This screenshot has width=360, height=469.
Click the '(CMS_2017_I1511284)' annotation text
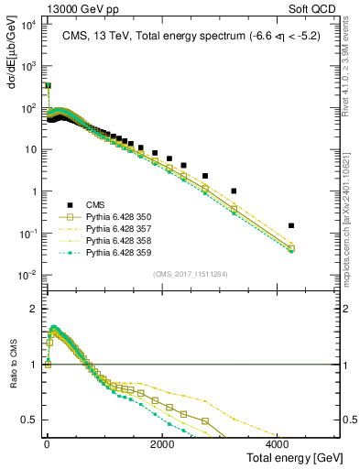click(191, 273)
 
